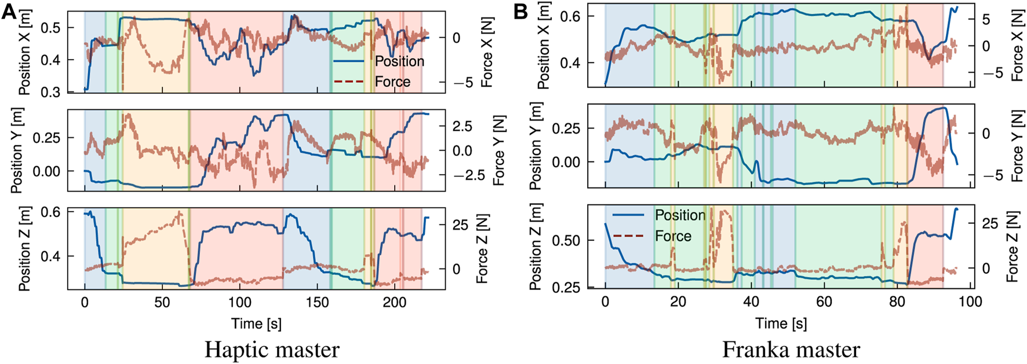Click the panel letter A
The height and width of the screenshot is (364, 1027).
[x=9, y=12]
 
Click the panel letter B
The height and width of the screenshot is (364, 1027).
[x=520, y=12]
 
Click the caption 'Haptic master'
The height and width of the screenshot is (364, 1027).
[x=272, y=350]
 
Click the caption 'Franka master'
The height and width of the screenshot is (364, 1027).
[x=791, y=350]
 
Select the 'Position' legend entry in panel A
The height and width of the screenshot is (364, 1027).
[x=399, y=61]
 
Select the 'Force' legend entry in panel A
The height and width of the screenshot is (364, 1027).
[x=392, y=82]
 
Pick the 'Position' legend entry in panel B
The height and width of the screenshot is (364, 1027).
[x=679, y=215]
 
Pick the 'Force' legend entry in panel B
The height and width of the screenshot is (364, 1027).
[x=673, y=236]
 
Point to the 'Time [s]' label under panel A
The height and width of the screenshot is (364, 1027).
[x=256, y=323]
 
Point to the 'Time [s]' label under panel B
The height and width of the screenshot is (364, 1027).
[x=781, y=323]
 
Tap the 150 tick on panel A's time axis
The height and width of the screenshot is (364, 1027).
[x=318, y=303]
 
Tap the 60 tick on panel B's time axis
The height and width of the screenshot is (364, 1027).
[x=824, y=302]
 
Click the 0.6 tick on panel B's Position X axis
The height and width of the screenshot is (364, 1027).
[x=571, y=16]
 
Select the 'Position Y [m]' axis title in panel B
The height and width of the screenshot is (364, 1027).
[x=536, y=146]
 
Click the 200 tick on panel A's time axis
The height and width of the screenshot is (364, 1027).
[x=395, y=303]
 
